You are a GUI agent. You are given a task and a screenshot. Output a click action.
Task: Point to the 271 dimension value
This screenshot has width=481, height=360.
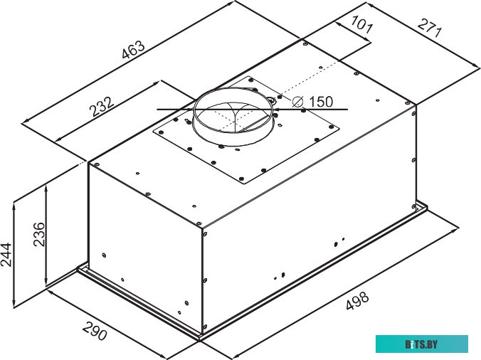430,31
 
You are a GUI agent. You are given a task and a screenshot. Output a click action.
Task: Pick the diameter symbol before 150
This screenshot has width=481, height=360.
299,102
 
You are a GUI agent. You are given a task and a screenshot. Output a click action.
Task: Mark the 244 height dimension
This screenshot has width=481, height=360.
6,253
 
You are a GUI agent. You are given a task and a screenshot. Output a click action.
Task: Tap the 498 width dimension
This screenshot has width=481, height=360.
356,302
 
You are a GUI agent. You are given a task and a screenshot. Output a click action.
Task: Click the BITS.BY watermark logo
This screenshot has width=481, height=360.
422,344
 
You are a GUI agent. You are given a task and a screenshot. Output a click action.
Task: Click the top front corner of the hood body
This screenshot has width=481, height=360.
204,227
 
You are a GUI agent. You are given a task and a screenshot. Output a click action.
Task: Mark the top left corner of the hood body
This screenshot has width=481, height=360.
88,162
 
